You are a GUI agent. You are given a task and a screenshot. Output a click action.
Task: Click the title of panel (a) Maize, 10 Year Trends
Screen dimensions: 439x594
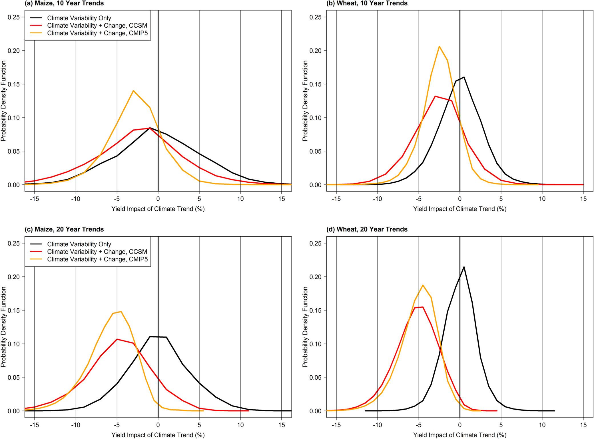[64, 3]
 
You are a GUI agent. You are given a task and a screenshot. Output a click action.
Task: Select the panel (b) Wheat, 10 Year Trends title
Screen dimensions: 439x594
[367, 3]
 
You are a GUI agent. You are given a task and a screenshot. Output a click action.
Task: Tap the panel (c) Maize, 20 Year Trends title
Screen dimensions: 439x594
[64, 229]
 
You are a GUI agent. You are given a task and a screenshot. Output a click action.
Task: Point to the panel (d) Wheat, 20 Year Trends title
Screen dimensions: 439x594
[367, 229]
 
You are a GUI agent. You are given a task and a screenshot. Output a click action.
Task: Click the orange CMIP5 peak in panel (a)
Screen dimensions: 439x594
[133, 91]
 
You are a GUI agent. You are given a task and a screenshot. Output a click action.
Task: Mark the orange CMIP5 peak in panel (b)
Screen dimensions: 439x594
[439, 46]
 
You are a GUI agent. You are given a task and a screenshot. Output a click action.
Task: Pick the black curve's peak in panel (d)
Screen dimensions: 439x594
[464, 267]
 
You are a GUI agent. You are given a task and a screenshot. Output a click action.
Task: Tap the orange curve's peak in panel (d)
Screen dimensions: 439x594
[423, 285]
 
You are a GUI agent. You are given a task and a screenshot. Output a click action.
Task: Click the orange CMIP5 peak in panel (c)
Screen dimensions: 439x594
[121, 311]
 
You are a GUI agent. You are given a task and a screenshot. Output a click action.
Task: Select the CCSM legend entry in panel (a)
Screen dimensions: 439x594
[97, 26]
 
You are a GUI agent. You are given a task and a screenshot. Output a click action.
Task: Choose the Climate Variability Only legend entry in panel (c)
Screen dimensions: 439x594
[79, 244]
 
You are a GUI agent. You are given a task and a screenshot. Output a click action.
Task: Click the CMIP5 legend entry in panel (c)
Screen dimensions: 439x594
[97, 259]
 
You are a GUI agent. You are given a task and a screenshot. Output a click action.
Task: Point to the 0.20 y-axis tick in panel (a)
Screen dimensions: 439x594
[14, 51]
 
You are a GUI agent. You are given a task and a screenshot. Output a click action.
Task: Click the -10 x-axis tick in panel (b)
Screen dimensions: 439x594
[377, 199]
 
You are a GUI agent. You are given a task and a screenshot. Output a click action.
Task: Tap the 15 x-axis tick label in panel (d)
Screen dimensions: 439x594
[583, 425]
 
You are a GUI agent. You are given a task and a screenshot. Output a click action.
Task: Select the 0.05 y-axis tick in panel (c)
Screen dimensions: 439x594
[14, 378]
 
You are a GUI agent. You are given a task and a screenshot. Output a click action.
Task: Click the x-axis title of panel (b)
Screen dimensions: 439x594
[459, 209]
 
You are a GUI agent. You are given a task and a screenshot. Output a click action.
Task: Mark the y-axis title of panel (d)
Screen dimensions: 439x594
[305, 327]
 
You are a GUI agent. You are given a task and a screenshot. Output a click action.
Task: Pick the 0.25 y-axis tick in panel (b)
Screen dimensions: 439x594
[315, 17]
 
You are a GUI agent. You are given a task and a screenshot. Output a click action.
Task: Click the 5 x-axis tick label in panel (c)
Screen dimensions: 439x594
[199, 425]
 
